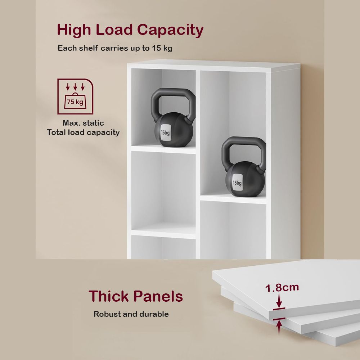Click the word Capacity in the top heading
click(170, 30)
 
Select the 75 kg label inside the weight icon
click(75, 102)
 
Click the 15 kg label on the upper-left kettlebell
click(165, 133)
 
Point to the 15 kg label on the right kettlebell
click(237, 183)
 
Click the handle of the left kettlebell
click(173, 92)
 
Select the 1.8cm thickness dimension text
click(282, 288)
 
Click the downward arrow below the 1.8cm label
click(279, 301)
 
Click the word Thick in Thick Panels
click(109, 296)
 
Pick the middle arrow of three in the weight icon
click(75, 86)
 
